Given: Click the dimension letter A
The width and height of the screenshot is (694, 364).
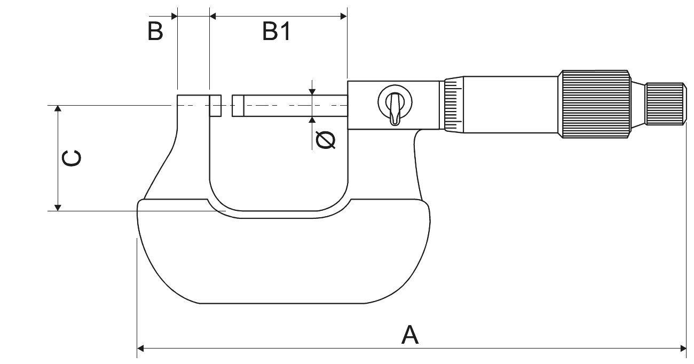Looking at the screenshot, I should (x=409, y=335).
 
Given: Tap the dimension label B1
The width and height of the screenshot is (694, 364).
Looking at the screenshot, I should (x=277, y=33).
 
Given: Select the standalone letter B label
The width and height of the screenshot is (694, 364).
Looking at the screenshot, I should (x=155, y=33).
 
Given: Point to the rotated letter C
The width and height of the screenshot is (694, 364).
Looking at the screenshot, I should (x=71, y=159).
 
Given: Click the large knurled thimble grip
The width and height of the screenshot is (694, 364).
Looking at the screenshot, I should (x=595, y=105).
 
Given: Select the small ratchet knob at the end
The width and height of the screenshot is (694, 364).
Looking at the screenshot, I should (x=665, y=104).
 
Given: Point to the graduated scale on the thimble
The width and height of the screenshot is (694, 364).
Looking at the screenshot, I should (x=452, y=105).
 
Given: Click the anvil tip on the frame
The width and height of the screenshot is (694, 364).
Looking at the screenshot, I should (x=215, y=106).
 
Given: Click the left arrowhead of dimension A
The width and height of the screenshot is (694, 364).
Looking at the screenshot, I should (x=141, y=349).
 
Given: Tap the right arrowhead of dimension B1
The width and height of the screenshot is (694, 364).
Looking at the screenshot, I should (x=344, y=16).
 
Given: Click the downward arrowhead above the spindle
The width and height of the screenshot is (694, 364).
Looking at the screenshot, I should (x=312, y=92).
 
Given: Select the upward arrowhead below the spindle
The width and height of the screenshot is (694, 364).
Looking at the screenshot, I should (x=312, y=120).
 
